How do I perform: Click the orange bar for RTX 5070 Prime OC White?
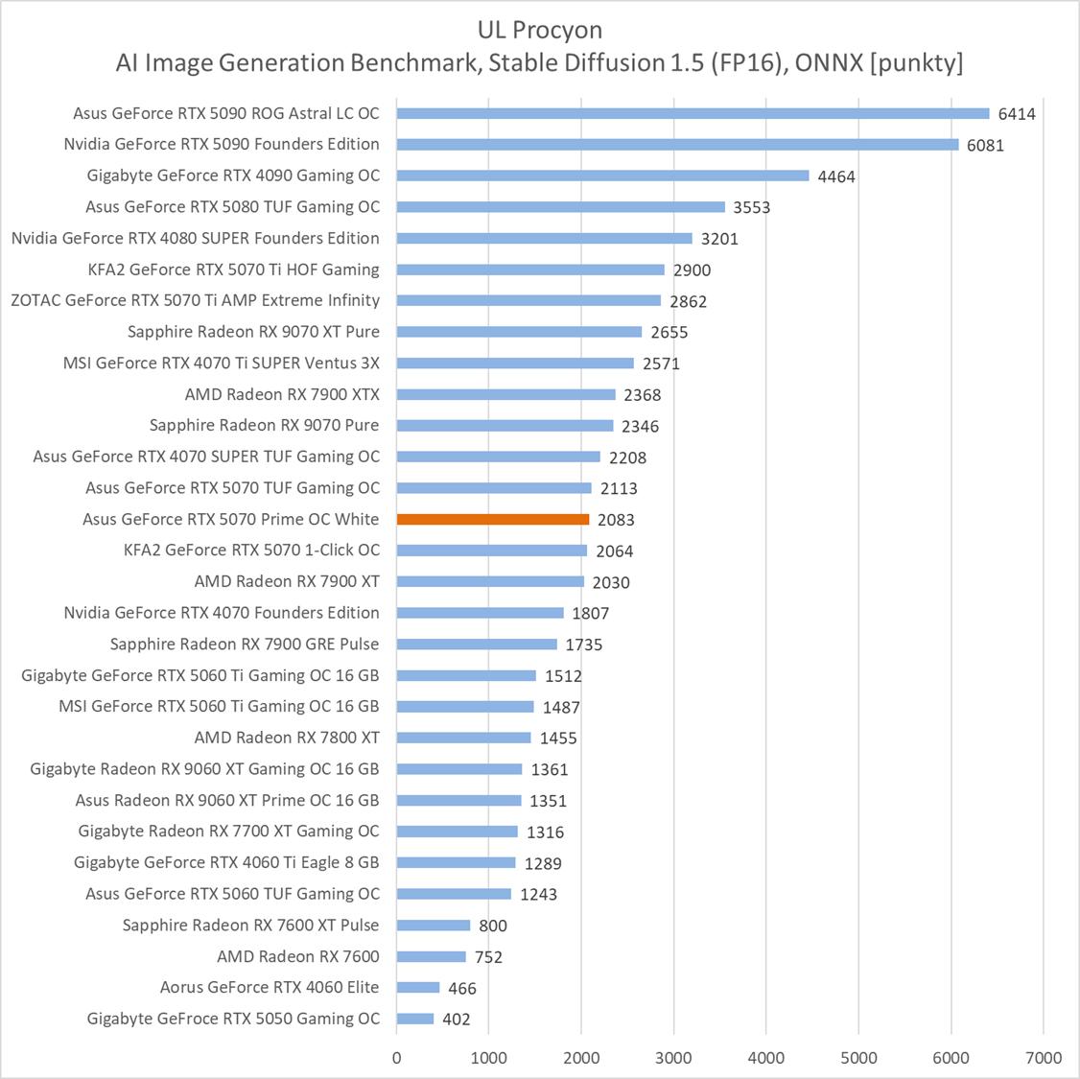pyautogui.click(x=493, y=519)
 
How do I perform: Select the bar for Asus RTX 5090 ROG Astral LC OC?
pyautogui.click(x=693, y=113)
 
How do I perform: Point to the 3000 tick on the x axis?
pyautogui.click(x=673, y=1057)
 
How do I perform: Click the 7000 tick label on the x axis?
pyautogui.click(x=1044, y=1057)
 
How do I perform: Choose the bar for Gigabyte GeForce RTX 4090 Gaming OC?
pyautogui.click(x=602, y=176)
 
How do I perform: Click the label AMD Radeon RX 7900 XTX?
pyautogui.click(x=282, y=394)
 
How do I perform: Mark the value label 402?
pyautogui.click(x=457, y=1019)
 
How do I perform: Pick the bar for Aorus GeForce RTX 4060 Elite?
pyautogui.click(x=418, y=987)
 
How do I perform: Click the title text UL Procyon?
pyautogui.click(x=539, y=31)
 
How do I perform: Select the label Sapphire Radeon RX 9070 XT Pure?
pyautogui.click(x=253, y=332)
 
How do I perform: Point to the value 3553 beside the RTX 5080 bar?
pyautogui.click(x=752, y=207)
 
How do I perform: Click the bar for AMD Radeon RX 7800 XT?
pyautogui.click(x=463, y=738)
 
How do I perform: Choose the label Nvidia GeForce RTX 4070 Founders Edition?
pyautogui.click(x=222, y=613)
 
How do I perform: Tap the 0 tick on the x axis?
pyautogui.click(x=397, y=1057)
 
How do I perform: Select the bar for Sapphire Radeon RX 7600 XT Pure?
pyautogui.click(x=434, y=925)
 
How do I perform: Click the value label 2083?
pyautogui.click(x=616, y=520)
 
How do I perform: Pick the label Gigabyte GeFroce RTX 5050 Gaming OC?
pyautogui.click(x=233, y=1019)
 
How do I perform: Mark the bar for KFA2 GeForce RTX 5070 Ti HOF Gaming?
pyautogui.click(x=530, y=270)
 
